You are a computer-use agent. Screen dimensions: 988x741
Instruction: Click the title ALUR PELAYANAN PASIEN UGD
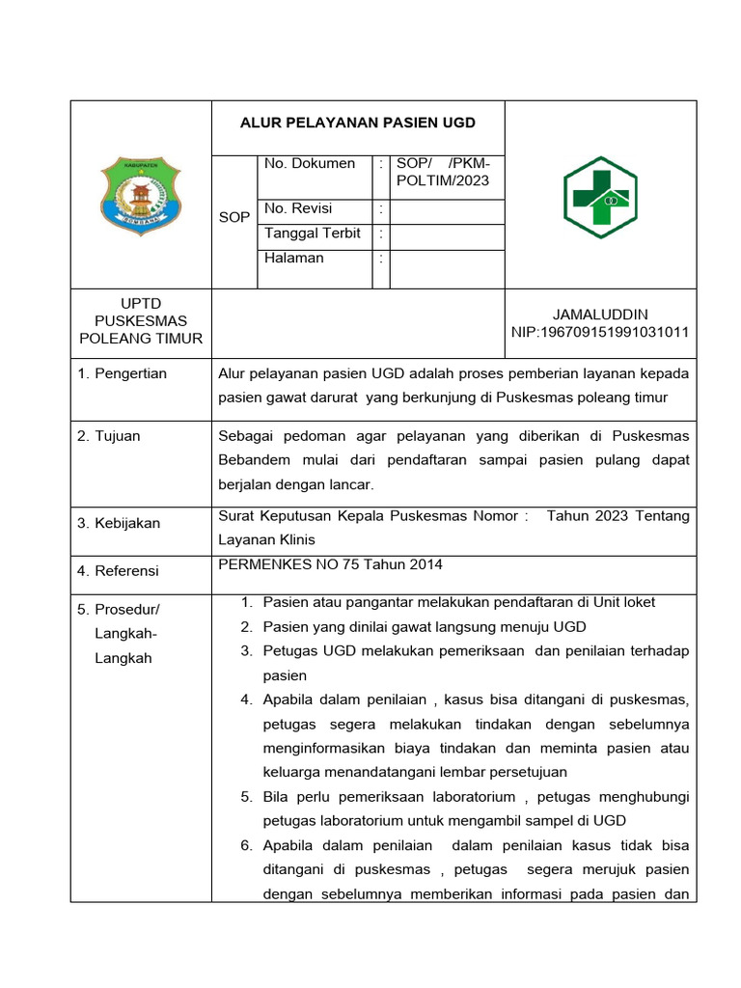click(358, 123)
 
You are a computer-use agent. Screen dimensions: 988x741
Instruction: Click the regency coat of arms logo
click(141, 197)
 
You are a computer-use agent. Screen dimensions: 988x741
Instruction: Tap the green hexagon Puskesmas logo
click(600, 197)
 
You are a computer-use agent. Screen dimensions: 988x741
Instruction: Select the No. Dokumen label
click(310, 164)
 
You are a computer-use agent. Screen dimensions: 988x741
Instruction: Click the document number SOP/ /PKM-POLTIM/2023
click(443, 172)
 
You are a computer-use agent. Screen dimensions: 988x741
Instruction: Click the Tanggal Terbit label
click(313, 233)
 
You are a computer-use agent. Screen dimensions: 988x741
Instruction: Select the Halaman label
click(294, 259)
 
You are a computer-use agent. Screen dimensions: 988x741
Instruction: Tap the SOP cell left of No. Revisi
click(234, 218)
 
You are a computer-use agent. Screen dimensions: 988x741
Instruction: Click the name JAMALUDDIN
click(600, 315)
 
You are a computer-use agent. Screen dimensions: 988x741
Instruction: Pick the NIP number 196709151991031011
click(600, 333)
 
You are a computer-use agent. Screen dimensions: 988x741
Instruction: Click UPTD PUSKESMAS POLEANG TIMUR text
click(141, 321)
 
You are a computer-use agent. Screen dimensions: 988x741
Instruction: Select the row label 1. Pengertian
click(123, 373)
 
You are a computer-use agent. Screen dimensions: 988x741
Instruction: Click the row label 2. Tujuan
click(109, 436)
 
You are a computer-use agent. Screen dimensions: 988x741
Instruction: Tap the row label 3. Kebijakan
click(119, 523)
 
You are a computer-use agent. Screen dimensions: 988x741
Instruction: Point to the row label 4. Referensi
click(118, 571)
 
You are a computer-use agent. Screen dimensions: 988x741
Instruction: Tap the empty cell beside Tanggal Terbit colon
click(447, 234)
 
